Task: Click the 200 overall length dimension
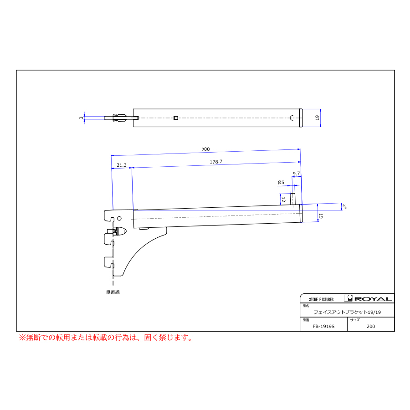(x=205, y=149)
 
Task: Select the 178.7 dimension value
(x=216, y=162)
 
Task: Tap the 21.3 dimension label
(x=122, y=165)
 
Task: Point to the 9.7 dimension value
(x=296, y=174)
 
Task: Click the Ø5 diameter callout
(x=281, y=182)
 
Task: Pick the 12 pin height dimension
(x=283, y=200)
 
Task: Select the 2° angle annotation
(x=344, y=206)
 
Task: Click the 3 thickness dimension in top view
(x=82, y=118)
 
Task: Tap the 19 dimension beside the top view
(x=317, y=118)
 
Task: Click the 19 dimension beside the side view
(x=321, y=216)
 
